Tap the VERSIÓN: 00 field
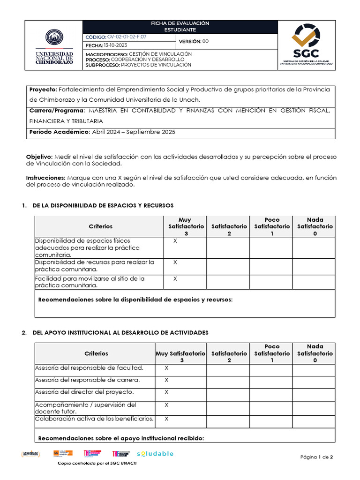tap(194, 41)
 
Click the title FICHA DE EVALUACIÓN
tap(180, 23)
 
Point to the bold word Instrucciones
tap(46, 178)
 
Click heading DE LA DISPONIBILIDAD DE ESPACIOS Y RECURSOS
tap(103, 205)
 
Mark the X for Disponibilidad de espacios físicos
tap(175, 240)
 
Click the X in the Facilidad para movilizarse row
tap(175, 278)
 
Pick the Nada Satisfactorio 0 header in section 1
tap(315, 226)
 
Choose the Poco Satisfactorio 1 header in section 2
tap(272, 353)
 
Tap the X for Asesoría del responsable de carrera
tap(166, 380)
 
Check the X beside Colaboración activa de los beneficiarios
tap(166, 419)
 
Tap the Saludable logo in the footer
tap(155, 454)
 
